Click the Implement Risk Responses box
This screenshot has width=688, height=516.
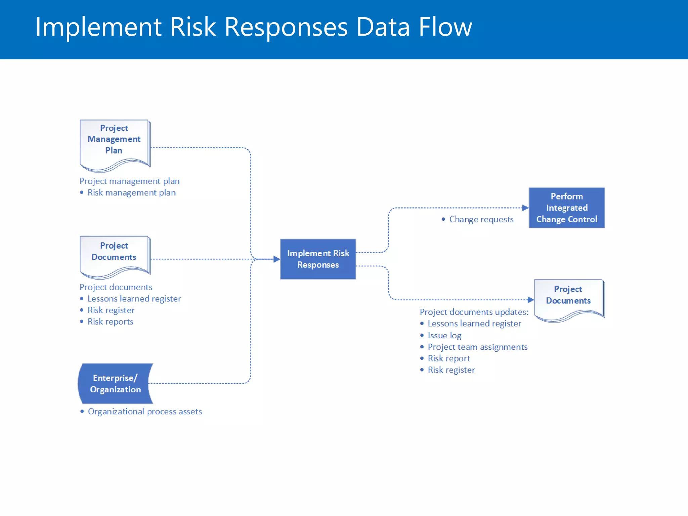(x=318, y=259)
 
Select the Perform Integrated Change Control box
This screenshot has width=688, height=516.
(x=566, y=208)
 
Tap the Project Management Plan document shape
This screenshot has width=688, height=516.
(x=114, y=143)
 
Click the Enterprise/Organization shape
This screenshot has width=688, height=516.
(x=115, y=384)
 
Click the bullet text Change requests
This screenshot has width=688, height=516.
(x=481, y=219)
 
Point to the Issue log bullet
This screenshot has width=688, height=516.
(x=444, y=335)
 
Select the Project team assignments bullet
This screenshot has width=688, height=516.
(x=477, y=347)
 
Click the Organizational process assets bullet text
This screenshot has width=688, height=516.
(x=145, y=412)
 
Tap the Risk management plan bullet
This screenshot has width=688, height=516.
(x=131, y=193)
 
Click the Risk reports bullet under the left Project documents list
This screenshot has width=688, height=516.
(x=110, y=322)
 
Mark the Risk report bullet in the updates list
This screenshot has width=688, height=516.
(x=449, y=358)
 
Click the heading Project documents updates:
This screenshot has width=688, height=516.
(x=474, y=312)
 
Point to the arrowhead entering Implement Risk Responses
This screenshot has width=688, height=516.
(x=276, y=259)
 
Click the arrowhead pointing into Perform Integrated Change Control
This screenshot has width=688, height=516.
(x=525, y=208)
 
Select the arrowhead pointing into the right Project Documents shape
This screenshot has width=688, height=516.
(x=530, y=300)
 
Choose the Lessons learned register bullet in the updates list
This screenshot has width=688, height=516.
(x=474, y=324)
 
